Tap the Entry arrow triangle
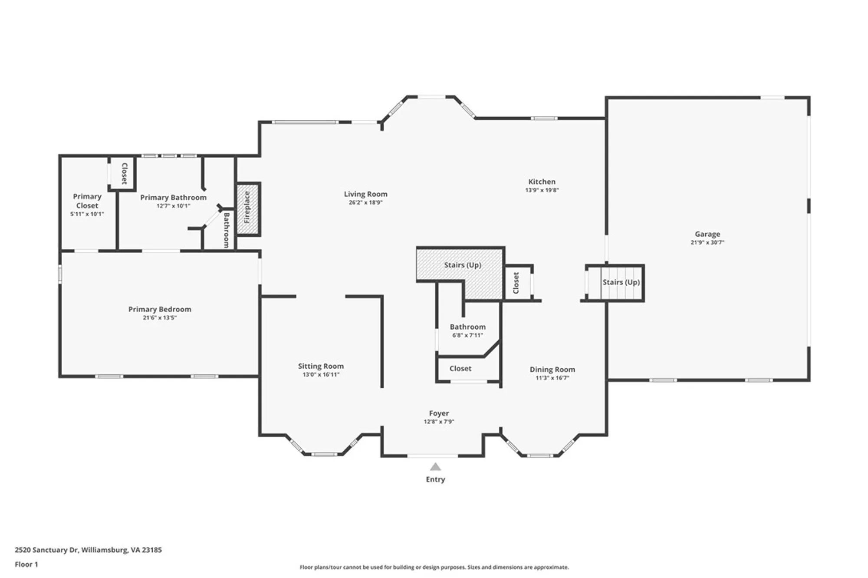(x=435, y=467)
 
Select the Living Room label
(x=365, y=194)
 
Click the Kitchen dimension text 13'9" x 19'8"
(x=542, y=190)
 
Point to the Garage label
(x=707, y=234)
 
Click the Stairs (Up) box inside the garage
(x=621, y=282)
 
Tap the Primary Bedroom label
(x=160, y=309)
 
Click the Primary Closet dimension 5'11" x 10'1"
(x=87, y=214)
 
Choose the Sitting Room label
(x=321, y=366)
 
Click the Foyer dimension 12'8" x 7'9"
(x=439, y=422)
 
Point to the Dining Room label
(x=552, y=370)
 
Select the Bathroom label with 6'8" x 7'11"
(x=467, y=327)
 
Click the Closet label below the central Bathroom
(x=460, y=369)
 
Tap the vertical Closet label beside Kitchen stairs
(x=516, y=283)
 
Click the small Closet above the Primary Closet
(x=124, y=173)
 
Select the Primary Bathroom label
(x=173, y=198)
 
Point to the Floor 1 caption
(x=26, y=565)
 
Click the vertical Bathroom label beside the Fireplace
(x=226, y=230)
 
